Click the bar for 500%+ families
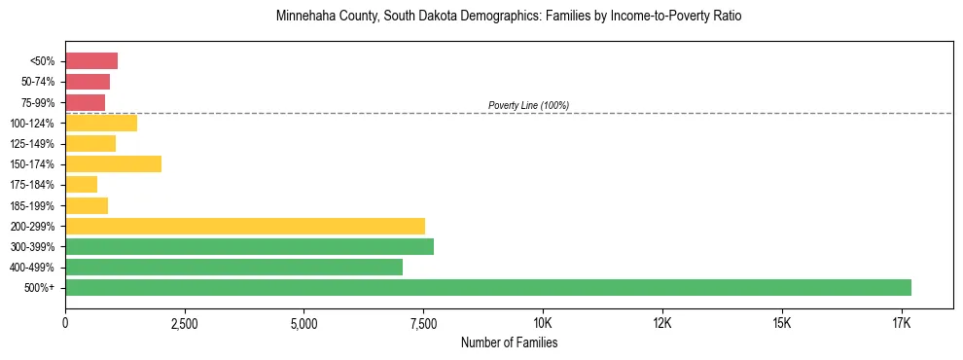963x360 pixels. coord(487,287)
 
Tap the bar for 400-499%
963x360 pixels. coord(233,267)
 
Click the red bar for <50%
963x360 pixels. coord(91,61)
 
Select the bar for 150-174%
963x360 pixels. coord(113,163)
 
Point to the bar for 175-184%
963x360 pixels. coord(81,184)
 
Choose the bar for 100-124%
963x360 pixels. coord(101,123)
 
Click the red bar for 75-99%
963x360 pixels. coord(85,102)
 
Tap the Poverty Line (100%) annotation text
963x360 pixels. coord(528,105)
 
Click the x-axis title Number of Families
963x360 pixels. coord(509,343)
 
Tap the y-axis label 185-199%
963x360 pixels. coord(37,205)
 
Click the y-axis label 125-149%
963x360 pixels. coord(37,144)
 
